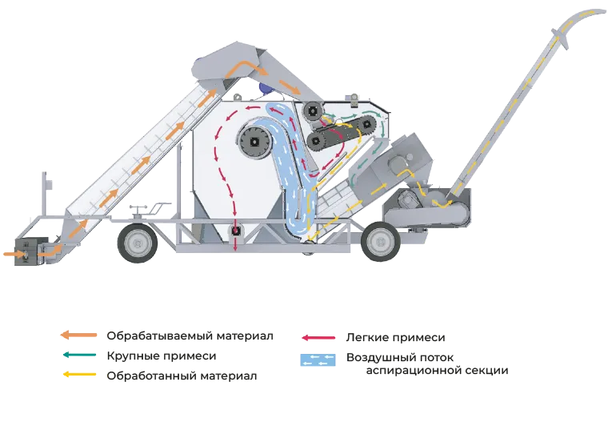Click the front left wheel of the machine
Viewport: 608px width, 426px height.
[138, 243]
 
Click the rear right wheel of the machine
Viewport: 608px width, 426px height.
[380, 242]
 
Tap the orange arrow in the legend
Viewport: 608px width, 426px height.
[78, 335]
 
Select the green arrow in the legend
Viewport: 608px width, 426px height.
[79, 355]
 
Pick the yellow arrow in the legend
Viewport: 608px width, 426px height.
[79, 375]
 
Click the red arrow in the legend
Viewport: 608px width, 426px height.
[318, 338]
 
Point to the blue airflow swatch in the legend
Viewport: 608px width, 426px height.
[318, 360]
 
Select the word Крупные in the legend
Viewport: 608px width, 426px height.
[131, 356]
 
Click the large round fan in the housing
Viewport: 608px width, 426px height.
[254, 143]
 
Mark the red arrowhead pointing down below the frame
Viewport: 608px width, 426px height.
[234, 249]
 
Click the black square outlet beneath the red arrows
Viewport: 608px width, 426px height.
[235, 231]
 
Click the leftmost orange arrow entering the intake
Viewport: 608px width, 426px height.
[14, 254]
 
